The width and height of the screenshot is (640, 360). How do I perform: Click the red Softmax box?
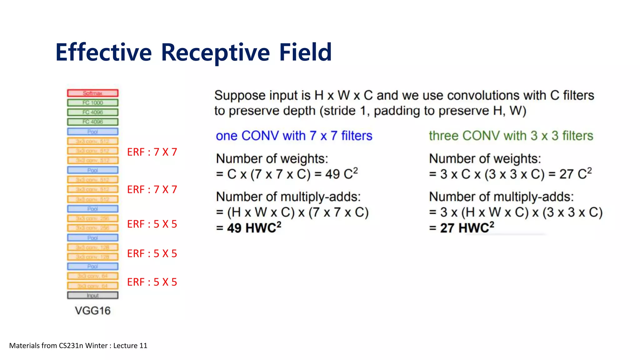point(92,93)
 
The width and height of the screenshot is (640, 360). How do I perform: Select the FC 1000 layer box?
point(92,103)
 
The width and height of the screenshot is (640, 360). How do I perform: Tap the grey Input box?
point(92,295)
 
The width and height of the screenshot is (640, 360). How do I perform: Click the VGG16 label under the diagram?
point(92,311)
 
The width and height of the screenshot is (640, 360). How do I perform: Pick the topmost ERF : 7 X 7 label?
point(152,152)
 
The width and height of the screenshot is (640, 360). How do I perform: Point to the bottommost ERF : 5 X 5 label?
point(152,282)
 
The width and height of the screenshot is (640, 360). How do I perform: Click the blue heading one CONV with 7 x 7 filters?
point(294,136)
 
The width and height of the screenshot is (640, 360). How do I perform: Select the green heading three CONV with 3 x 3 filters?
point(511,136)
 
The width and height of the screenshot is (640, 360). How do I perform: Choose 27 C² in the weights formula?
point(575,174)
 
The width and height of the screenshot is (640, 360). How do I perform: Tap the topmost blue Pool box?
point(92,132)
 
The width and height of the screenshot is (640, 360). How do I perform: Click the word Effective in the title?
point(103,52)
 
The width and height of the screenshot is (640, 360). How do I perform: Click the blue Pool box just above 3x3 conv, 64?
point(92,267)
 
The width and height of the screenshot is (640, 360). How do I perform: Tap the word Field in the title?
point(305,52)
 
